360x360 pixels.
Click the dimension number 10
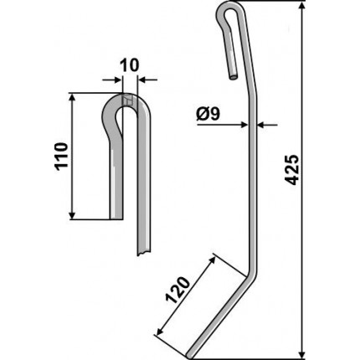coord(129,65)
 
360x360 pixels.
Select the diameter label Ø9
coord(208,114)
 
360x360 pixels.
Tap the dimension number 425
coord(292,170)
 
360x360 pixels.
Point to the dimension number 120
coord(177,291)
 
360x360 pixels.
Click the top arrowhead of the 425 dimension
coord(301,6)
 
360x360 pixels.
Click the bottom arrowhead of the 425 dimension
coord(301,353)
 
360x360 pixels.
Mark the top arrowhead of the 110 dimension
coord(72,98)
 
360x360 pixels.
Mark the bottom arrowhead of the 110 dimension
coord(72,215)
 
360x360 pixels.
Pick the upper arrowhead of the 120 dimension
coord(213,260)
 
